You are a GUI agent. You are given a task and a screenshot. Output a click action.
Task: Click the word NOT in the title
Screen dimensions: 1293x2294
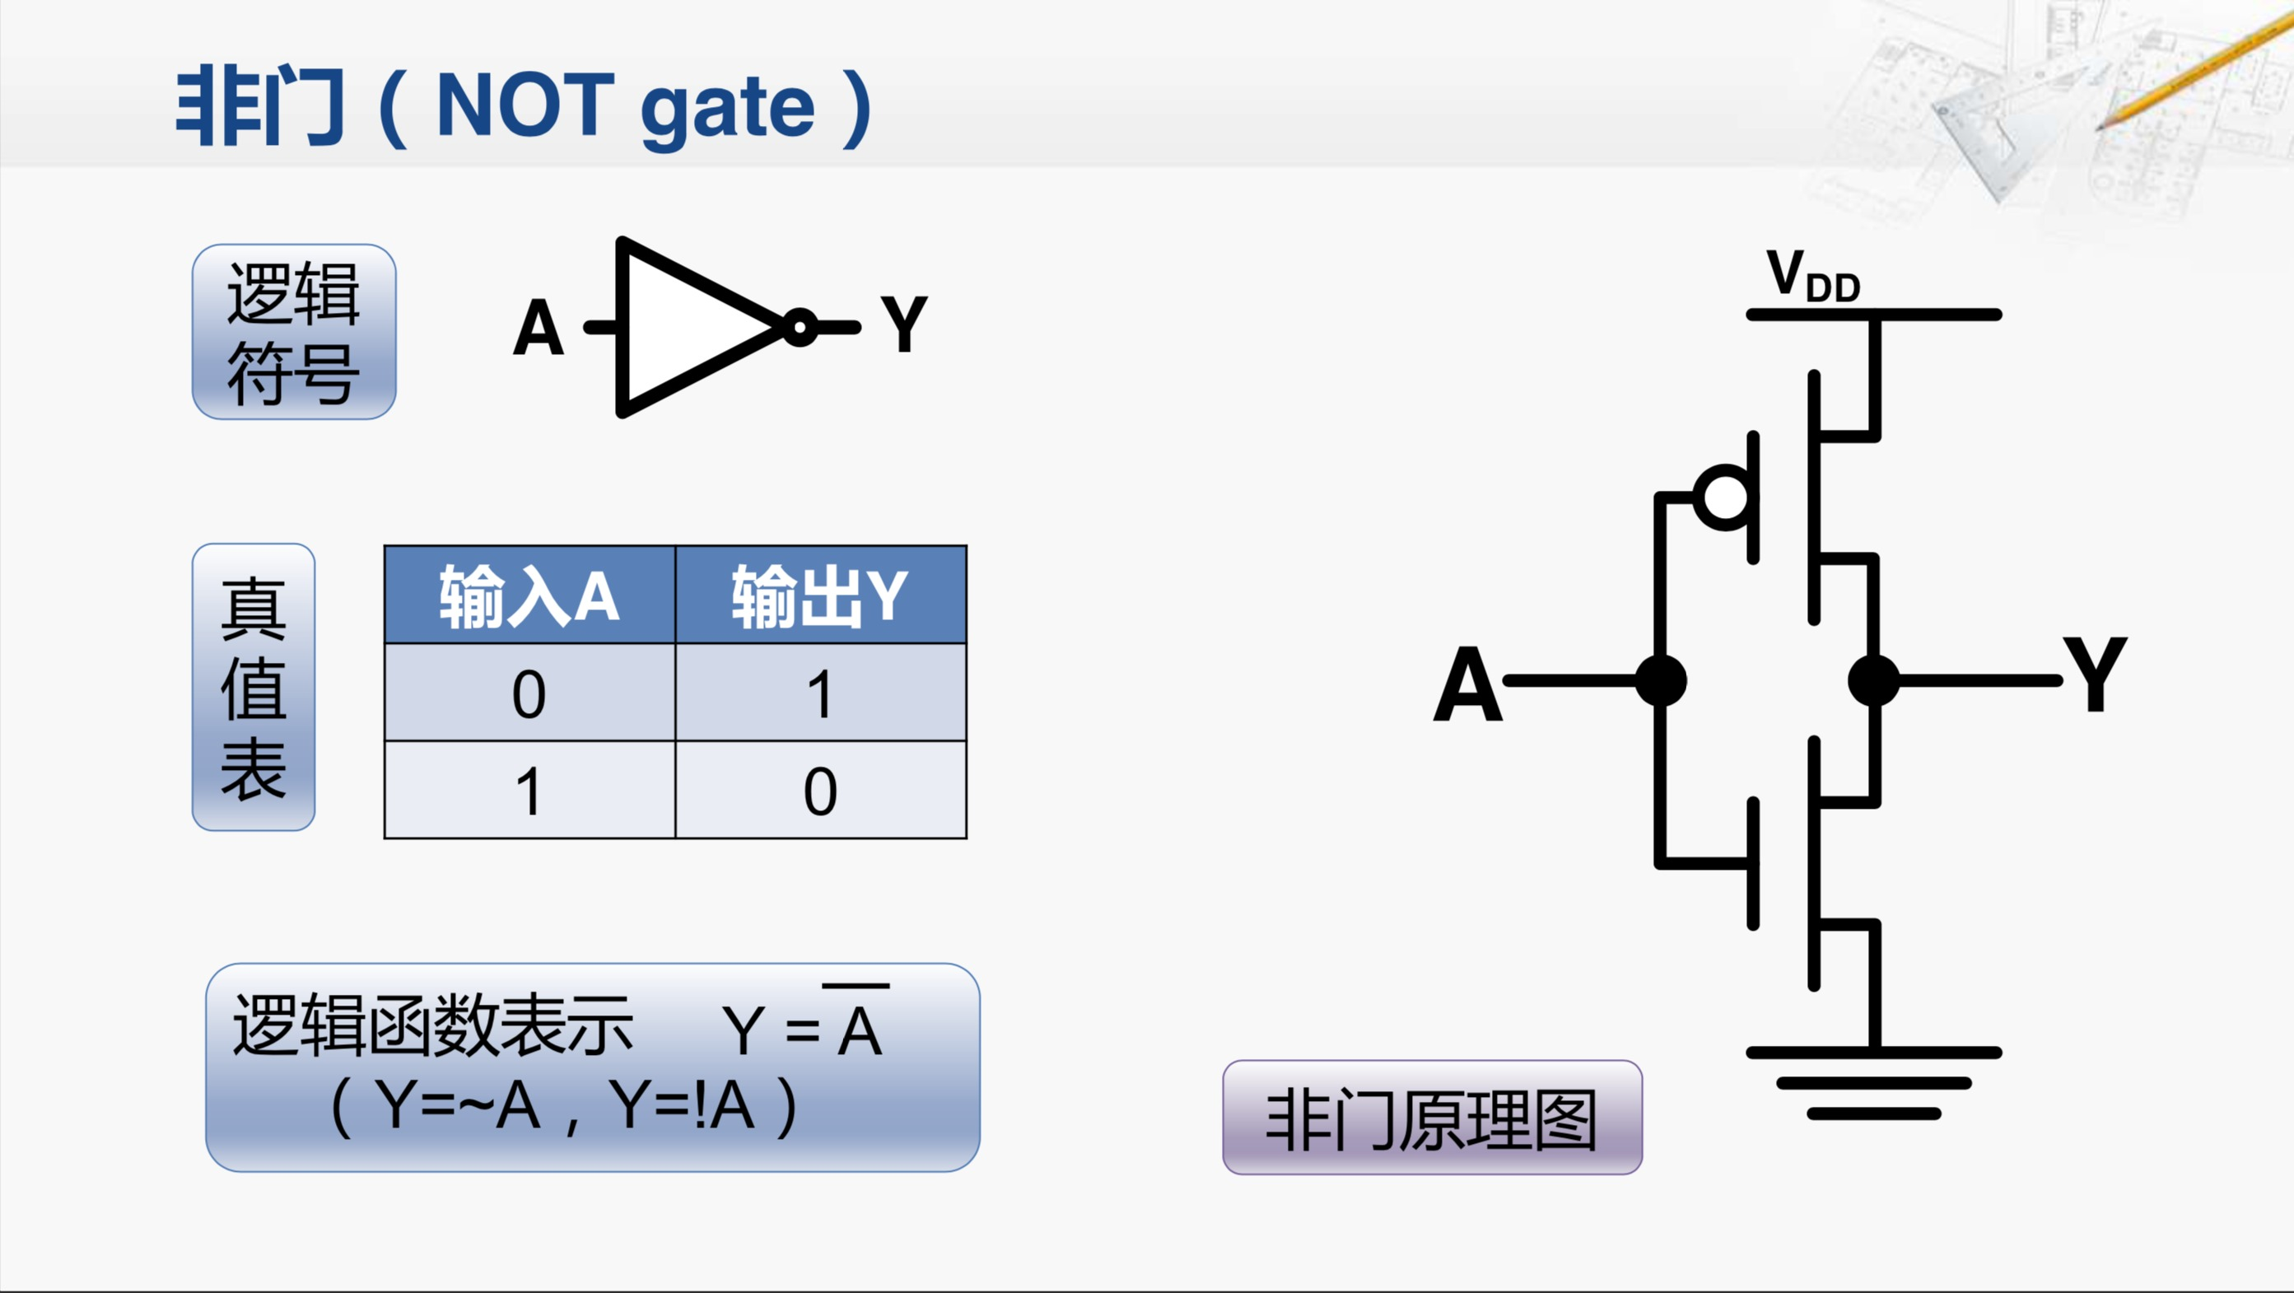point(525,107)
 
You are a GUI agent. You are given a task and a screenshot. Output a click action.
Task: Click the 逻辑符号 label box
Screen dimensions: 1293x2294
point(294,332)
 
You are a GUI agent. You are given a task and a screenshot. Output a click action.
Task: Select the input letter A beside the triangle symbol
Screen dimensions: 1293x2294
point(539,329)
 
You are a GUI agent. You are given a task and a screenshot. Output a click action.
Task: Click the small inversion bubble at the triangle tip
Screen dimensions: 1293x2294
point(800,327)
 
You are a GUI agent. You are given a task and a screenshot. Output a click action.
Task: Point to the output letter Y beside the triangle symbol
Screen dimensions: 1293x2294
point(904,325)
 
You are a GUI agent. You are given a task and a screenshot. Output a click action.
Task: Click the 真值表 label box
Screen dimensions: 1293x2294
point(254,687)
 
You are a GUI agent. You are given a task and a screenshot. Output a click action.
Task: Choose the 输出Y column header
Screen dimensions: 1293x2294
point(820,595)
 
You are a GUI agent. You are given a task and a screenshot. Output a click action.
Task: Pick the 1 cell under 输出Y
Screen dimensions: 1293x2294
point(820,693)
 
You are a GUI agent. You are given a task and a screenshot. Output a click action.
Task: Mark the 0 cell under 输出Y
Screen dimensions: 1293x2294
point(820,791)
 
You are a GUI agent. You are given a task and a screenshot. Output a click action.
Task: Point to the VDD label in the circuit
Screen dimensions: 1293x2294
point(1813,276)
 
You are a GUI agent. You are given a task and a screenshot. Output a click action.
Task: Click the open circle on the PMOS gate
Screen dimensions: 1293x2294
point(1725,497)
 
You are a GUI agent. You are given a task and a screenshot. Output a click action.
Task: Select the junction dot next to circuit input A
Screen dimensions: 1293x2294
point(1661,681)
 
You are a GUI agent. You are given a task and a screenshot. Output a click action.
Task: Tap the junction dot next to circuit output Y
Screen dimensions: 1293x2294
point(1875,681)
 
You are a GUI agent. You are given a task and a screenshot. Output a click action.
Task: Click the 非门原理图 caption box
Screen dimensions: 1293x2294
point(1432,1118)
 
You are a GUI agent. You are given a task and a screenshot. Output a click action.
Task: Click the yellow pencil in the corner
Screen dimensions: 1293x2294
point(2199,76)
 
